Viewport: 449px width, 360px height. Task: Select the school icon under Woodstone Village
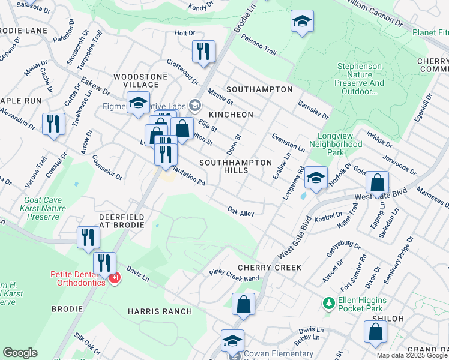pyautogui.click(x=139, y=103)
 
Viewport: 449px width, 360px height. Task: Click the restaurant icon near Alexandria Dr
pyautogui.click(x=54, y=124)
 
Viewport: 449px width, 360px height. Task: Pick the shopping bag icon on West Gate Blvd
pyautogui.click(x=377, y=183)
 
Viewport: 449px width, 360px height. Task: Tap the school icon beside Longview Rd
pyautogui.click(x=316, y=178)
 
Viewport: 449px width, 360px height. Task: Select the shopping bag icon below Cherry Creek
pyautogui.click(x=243, y=304)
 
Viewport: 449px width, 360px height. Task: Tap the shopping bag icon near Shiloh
pyautogui.click(x=375, y=332)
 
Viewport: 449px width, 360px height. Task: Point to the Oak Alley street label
pyautogui.click(x=241, y=212)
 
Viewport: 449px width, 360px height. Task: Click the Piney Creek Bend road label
pyautogui.click(x=234, y=275)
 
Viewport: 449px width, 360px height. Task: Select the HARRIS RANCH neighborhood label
pyautogui.click(x=160, y=311)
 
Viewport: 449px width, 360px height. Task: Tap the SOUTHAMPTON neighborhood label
pyautogui.click(x=259, y=89)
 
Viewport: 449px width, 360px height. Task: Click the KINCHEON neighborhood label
pyautogui.click(x=231, y=114)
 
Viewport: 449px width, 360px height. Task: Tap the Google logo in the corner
pyautogui.click(x=20, y=353)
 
